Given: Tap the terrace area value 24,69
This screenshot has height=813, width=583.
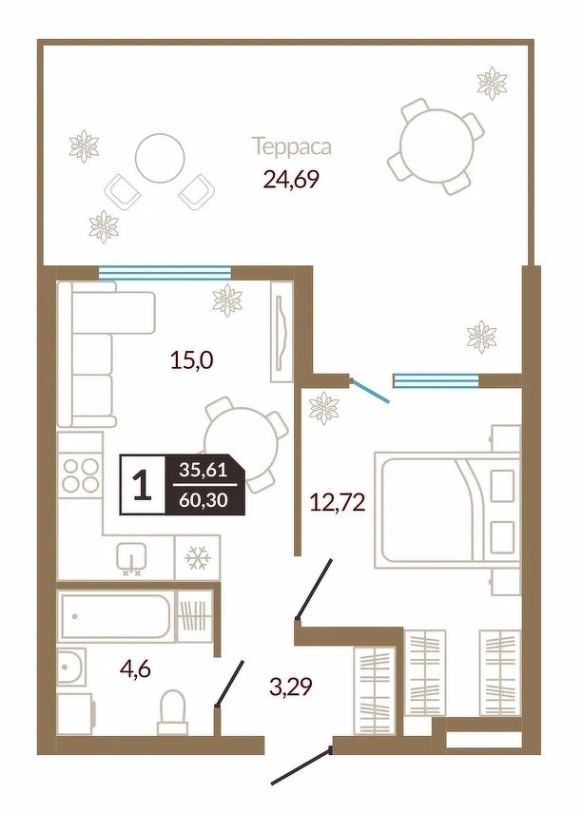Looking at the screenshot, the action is click(290, 180).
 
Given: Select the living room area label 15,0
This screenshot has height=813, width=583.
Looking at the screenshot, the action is click(192, 358).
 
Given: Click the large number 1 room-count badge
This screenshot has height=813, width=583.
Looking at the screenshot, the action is click(143, 485).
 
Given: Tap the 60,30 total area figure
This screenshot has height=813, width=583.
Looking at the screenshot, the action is click(204, 501).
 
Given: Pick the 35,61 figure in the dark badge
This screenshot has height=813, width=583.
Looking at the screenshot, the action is click(204, 471).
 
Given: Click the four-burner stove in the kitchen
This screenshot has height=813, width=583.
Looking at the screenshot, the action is click(81, 474).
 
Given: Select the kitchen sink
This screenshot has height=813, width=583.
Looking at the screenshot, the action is click(131, 558).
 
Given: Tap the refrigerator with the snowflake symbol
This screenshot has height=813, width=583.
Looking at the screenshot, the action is click(198, 558).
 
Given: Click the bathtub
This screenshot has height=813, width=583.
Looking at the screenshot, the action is click(119, 616).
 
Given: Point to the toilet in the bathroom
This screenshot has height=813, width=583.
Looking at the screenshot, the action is click(172, 712).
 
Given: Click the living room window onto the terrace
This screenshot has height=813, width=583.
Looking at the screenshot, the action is click(165, 272).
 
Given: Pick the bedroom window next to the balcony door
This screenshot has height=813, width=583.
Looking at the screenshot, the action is click(436, 380).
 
